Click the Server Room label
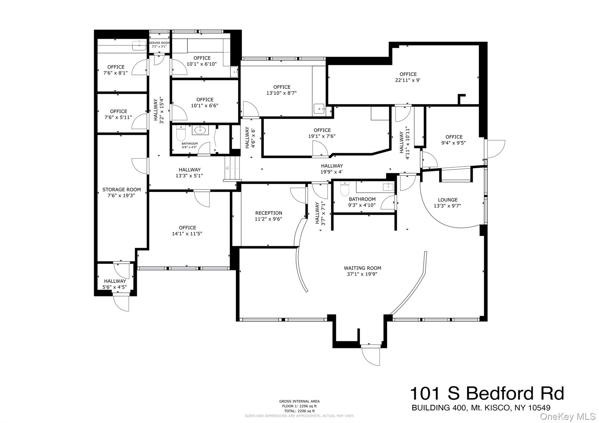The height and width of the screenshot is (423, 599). pos(159,43)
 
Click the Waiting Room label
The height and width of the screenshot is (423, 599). pos(362,268)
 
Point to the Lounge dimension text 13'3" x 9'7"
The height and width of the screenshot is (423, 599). pos(447,206)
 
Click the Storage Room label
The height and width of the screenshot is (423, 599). pos(121,189)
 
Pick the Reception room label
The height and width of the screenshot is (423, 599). pos(268,213)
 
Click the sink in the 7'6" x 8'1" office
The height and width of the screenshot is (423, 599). pos(139,45)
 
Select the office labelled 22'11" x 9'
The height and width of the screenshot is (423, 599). pos(408,77)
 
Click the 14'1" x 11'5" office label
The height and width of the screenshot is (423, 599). pos(187,230)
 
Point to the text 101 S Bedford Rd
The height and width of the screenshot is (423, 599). pos(487,393)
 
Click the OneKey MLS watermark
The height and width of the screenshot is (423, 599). pos(567,416)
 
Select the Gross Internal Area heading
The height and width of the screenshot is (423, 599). pos(299,401)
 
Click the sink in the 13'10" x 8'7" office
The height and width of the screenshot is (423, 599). pos(319,108)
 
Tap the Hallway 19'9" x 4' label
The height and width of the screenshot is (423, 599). pos(331,169)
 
